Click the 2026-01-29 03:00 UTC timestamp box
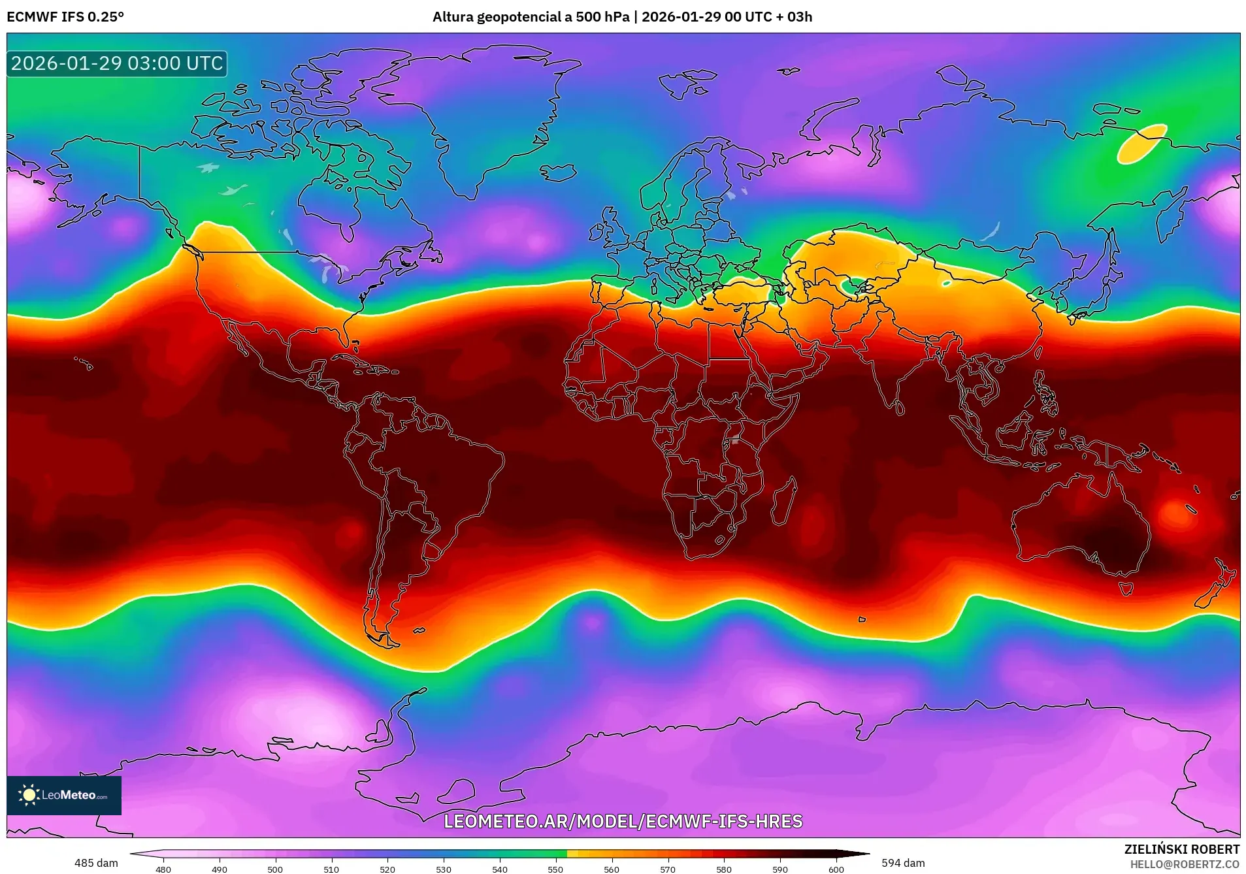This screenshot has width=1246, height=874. click(x=117, y=63)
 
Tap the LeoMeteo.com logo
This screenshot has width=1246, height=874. click(x=63, y=795)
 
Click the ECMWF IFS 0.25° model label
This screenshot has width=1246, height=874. click(x=65, y=17)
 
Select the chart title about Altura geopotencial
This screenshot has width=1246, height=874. click(x=622, y=17)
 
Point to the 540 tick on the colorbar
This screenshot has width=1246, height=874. click(x=500, y=869)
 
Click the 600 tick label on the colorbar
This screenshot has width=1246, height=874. click(x=836, y=869)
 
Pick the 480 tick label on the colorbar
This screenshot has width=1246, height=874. click(x=163, y=869)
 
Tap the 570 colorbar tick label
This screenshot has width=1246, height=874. click(x=668, y=869)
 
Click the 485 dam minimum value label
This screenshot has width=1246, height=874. click(x=96, y=863)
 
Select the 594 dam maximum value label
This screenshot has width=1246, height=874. click(x=903, y=863)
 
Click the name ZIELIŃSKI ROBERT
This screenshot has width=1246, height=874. click(x=1181, y=849)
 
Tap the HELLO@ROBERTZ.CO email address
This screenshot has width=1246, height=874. click(x=1185, y=864)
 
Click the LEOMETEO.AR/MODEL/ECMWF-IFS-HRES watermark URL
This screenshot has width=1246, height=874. click(x=623, y=821)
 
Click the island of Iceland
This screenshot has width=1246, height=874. click(x=557, y=172)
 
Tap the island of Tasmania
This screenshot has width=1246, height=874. click(x=1126, y=589)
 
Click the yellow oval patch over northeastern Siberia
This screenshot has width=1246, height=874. click(x=1141, y=143)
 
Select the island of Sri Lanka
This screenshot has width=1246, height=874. click(x=900, y=408)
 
